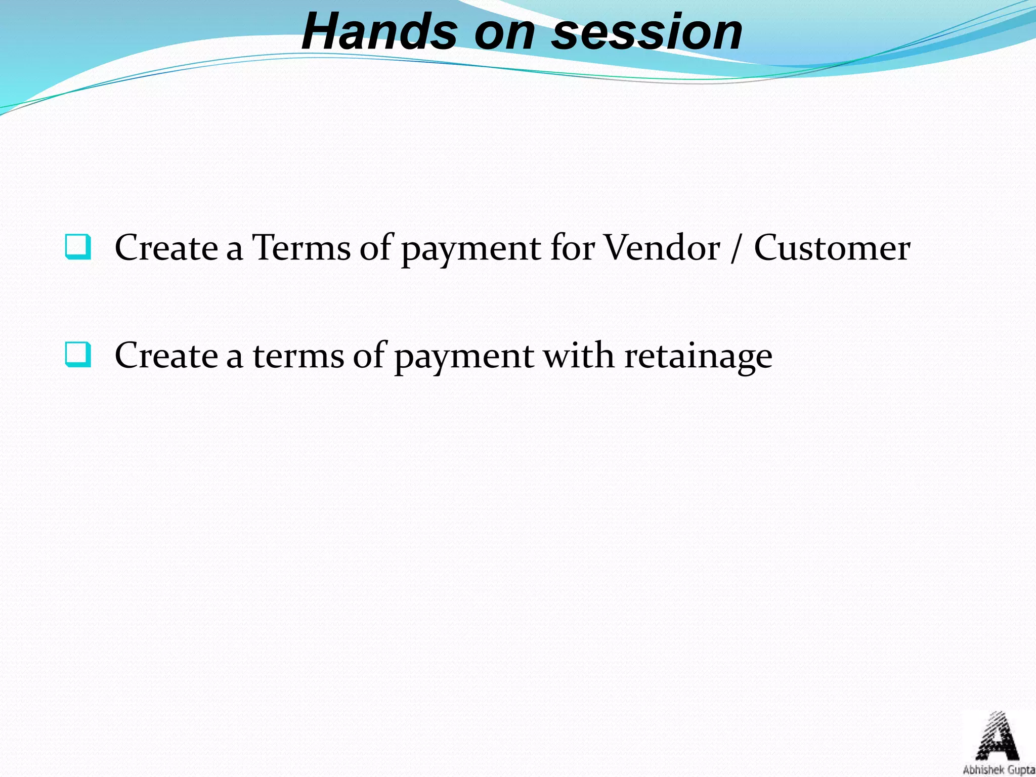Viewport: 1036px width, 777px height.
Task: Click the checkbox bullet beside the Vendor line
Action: (78, 247)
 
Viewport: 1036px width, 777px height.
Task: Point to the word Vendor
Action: (662, 248)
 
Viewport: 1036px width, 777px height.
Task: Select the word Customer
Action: (832, 248)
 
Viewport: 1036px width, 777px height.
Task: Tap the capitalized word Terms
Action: (301, 248)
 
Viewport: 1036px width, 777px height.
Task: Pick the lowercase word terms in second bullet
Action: (298, 355)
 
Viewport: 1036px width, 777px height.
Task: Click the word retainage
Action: (698, 356)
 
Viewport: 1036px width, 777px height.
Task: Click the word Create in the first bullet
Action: (166, 248)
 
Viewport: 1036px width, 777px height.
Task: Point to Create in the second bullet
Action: (166, 355)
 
